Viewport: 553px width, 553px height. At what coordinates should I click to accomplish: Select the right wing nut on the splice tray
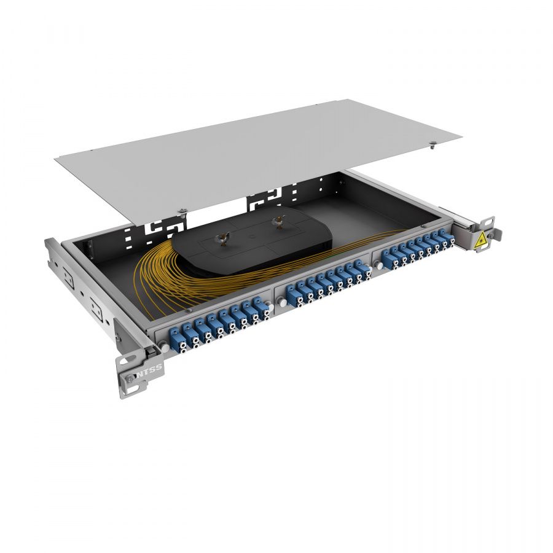(277, 222)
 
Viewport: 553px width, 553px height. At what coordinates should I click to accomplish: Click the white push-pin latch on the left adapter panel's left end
(165, 348)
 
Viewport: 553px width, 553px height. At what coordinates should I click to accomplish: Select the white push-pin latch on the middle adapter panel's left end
(282, 303)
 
